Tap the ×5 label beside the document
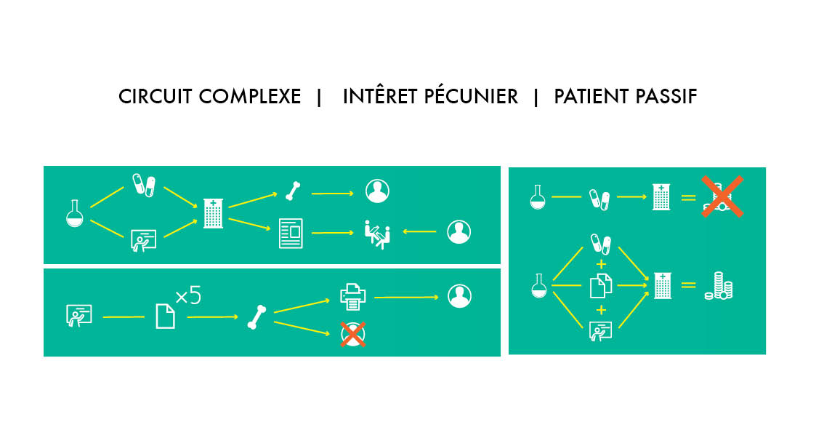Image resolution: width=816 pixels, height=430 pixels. click(x=188, y=297)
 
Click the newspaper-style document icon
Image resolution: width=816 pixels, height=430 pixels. click(x=291, y=234)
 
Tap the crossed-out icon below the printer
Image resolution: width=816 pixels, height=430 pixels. click(x=353, y=335)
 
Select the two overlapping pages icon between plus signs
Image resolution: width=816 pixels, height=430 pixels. click(x=600, y=286)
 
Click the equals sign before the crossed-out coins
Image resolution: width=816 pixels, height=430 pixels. click(x=687, y=196)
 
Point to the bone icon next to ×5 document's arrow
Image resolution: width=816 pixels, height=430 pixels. click(x=256, y=317)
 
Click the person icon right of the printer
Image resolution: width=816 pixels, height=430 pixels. click(x=459, y=296)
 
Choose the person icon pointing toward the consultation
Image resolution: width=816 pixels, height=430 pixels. click(x=459, y=232)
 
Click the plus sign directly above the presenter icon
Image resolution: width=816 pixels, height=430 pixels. click(x=601, y=311)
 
